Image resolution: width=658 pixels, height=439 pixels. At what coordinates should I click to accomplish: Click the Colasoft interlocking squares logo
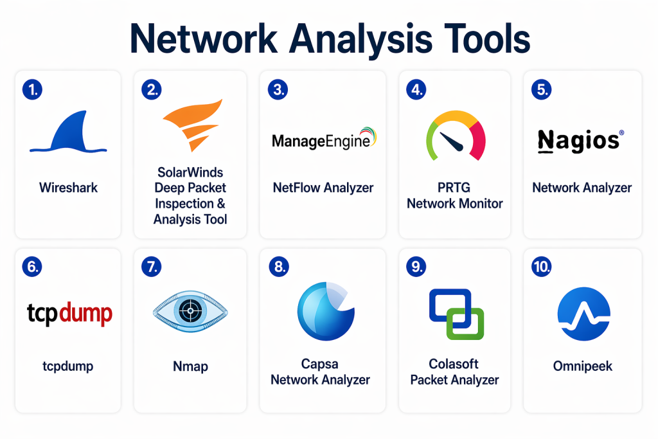tap(456, 314)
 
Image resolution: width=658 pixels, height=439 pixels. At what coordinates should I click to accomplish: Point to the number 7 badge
tap(151, 267)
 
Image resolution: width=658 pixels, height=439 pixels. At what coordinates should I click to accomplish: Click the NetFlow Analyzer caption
tap(323, 188)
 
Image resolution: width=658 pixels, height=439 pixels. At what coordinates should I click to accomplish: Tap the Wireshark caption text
tap(68, 188)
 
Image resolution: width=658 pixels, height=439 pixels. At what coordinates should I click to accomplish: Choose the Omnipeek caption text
tap(582, 366)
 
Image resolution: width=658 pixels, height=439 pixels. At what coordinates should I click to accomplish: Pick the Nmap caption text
tap(190, 366)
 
